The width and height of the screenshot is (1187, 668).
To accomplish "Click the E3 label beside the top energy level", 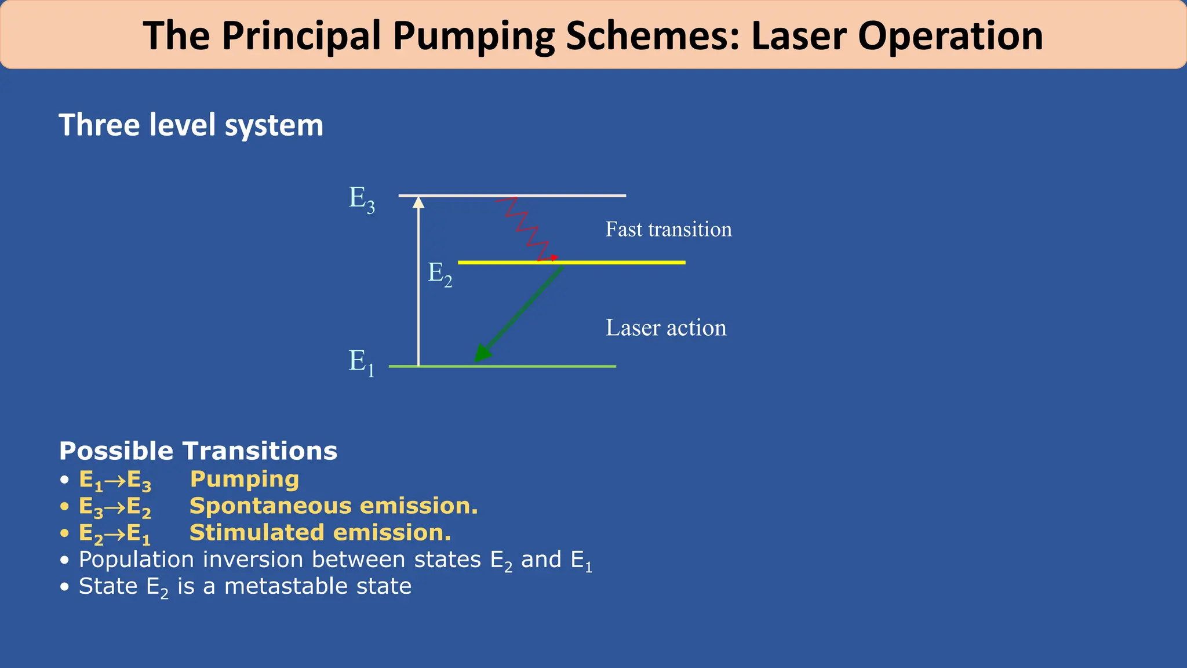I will click(x=361, y=199).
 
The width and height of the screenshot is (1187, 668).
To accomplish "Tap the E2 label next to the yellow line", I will click(x=439, y=274).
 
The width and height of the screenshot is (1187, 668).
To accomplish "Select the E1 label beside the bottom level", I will click(x=361, y=362).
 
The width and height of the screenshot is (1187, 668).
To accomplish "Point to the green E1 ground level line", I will click(x=551, y=366).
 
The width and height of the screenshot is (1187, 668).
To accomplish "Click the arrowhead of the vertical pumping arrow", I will click(x=418, y=202).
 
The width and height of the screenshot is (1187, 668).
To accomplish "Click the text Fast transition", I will click(x=668, y=230).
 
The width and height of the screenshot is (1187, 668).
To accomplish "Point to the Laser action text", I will click(x=665, y=328).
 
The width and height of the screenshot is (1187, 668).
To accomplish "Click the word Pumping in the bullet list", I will click(x=245, y=480).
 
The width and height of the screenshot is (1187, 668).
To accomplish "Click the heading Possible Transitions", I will click(x=198, y=451).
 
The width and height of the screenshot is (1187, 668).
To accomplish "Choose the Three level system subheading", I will click(x=191, y=125).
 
